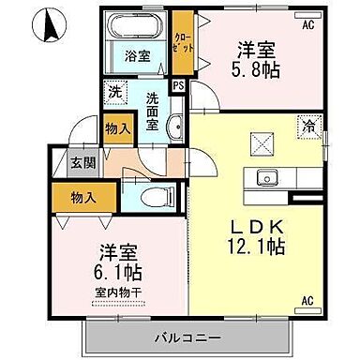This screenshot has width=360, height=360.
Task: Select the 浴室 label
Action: click(x=137, y=57)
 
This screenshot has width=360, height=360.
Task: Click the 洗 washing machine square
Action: click(x=114, y=92)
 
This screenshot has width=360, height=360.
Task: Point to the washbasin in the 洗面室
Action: click(x=174, y=127)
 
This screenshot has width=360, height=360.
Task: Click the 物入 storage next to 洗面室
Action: click(x=117, y=129)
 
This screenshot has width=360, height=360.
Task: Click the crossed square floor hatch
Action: click(x=262, y=143)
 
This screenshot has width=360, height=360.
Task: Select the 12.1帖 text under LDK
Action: click(x=257, y=247)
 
